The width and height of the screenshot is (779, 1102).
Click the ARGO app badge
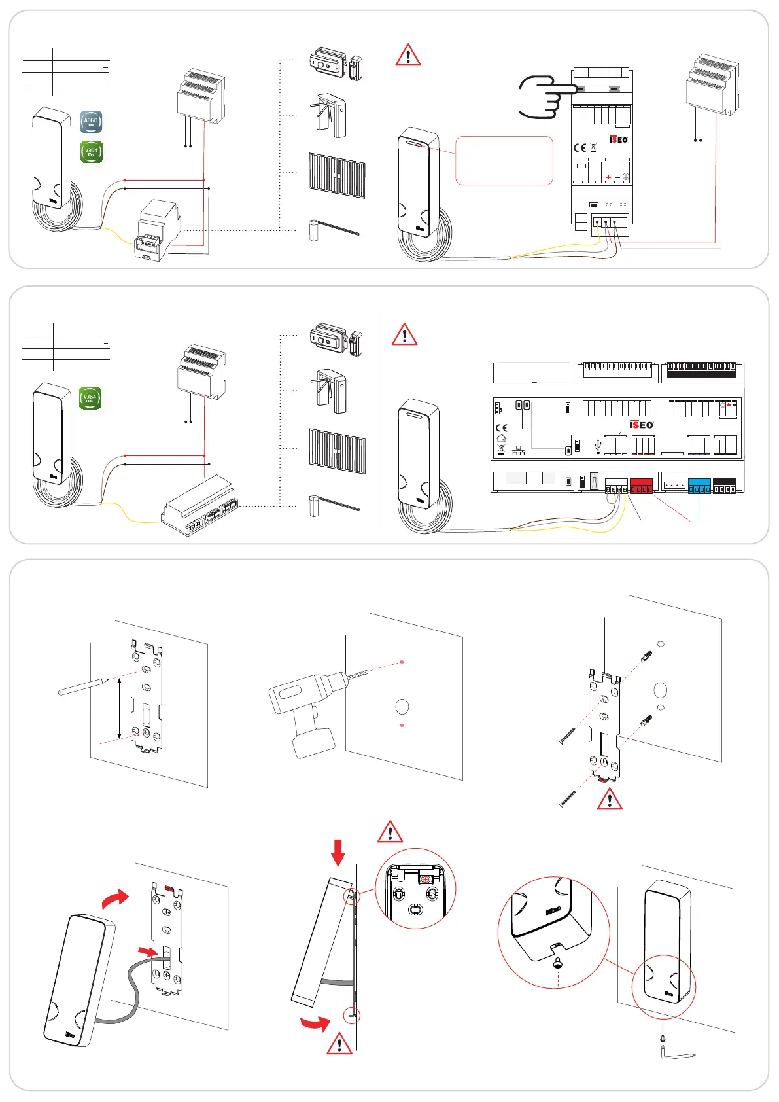[x=91, y=122]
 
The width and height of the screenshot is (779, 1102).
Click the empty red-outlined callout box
[x=504, y=160]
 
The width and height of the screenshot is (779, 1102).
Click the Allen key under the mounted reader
[x=678, y=1054]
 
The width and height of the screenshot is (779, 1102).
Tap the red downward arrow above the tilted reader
[x=338, y=853]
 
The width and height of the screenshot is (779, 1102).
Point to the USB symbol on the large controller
[x=598, y=447]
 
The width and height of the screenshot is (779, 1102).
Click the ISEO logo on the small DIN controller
[x=618, y=139]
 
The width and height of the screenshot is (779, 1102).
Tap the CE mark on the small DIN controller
[x=580, y=148]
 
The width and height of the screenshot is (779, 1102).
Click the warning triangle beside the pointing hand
[x=408, y=55]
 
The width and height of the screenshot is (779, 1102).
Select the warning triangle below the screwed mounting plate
[x=610, y=800]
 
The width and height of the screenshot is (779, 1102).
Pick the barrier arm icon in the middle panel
[x=334, y=505]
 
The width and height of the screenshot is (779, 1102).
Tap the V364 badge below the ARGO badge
[x=91, y=152]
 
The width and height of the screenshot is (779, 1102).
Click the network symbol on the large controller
[x=519, y=451]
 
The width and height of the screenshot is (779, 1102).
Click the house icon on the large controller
[x=502, y=438]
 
